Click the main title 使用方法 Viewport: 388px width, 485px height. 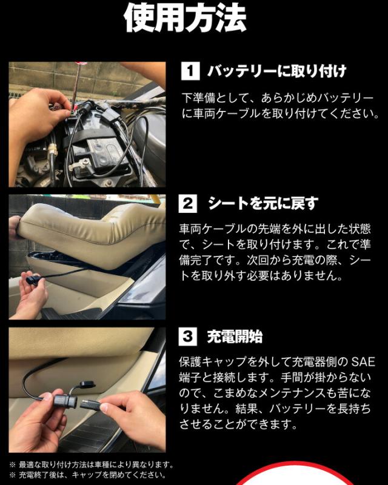(185, 18)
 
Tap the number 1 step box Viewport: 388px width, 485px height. (190, 71)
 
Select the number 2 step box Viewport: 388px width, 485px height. (188, 204)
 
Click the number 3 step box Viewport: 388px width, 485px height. (188, 336)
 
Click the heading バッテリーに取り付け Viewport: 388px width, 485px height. (277, 72)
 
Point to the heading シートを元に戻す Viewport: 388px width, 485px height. (263, 204)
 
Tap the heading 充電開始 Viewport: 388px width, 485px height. (235, 336)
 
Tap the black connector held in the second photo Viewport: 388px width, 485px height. (33, 280)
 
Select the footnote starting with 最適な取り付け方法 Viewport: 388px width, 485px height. (92, 464)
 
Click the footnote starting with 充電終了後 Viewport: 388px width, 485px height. (88, 475)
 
